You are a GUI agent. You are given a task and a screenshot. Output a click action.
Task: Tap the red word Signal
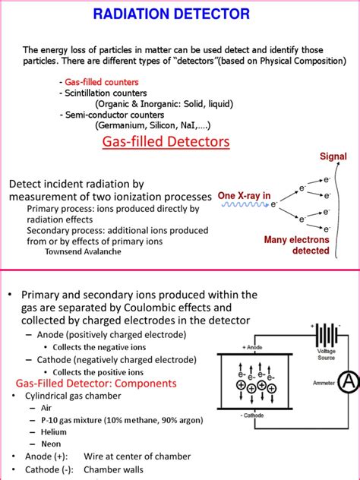pyautogui.click(x=333, y=157)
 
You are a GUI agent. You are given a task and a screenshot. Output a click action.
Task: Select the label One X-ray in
pyautogui.click(x=244, y=195)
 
